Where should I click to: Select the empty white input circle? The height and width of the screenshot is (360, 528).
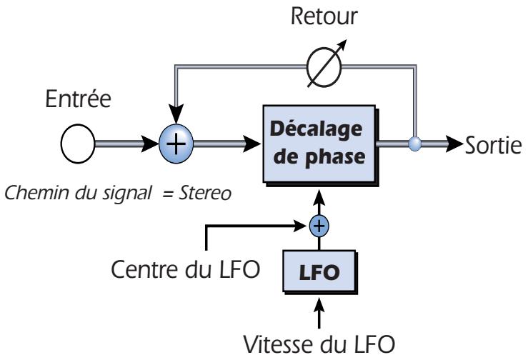(78, 144)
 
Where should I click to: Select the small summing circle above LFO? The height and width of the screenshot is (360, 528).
(321, 226)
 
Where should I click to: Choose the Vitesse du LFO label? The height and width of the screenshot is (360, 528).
(319, 344)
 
